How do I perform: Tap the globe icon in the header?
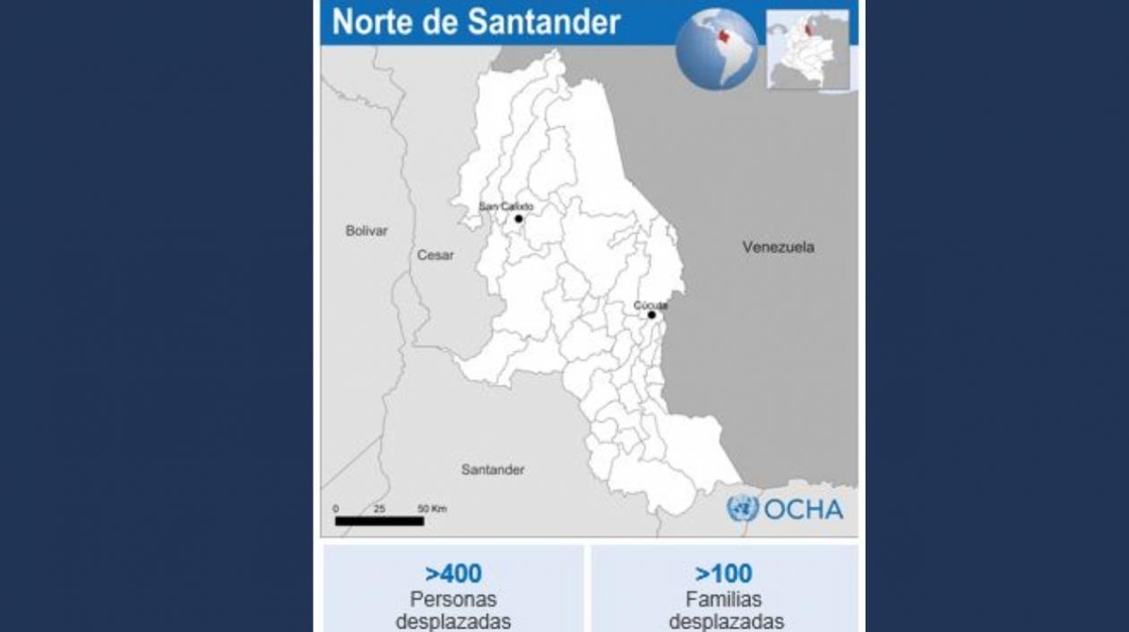pyautogui.click(x=716, y=48)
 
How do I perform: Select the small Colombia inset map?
pyautogui.click(x=808, y=49)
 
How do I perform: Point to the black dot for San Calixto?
pyautogui.click(x=518, y=219)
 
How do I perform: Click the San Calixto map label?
pyautogui.click(x=505, y=206)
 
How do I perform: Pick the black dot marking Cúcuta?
pyautogui.click(x=651, y=315)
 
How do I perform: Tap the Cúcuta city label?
pyautogui.click(x=650, y=305)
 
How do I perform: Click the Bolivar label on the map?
pyautogui.click(x=366, y=230)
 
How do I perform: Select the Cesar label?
pyautogui.click(x=435, y=255)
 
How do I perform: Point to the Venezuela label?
pyautogui.click(x=778, y=247)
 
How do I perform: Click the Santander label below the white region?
pyautogui.click(x=493, y=469)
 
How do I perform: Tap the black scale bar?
pyautogui.click(x=379, y=521)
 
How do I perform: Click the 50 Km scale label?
pyautogui.click(x=432, y=508)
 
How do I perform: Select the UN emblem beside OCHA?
pyautogui.click(x=742, y=508)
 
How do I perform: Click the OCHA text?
pyautogui.click(x=803, y=509)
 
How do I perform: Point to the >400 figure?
pyautogui.click(x=453, y=574)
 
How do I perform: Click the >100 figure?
pyautogui.click(x=724, y=574)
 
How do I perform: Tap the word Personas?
pyautogui.click(x=453, y=599)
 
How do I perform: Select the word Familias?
pyautogui.click(x=724, y=599)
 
